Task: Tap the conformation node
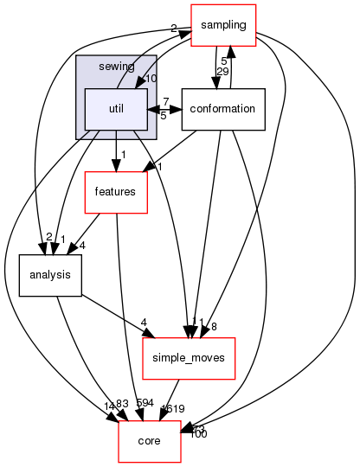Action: point(222,109)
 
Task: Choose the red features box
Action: point(115,192)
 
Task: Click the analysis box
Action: point(51,276)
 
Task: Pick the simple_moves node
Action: point(189,358)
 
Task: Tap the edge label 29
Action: point(222,71)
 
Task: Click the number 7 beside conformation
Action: point(165,102)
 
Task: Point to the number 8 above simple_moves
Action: point(213,326)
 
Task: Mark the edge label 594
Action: point(145,404)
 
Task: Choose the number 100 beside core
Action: point(198,432)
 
